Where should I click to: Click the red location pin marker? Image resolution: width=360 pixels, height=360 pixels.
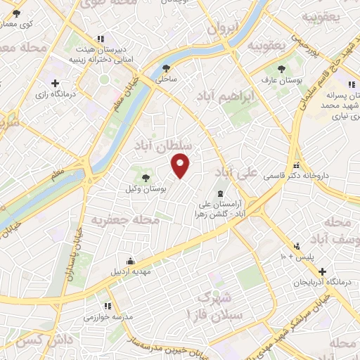181,167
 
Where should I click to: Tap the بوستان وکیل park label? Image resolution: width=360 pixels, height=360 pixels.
148,188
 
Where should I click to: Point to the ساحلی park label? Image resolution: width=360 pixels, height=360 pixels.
166,80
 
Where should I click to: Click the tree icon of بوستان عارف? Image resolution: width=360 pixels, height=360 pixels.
282,69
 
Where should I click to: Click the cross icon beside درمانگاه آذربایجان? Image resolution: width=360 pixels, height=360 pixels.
321,271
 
